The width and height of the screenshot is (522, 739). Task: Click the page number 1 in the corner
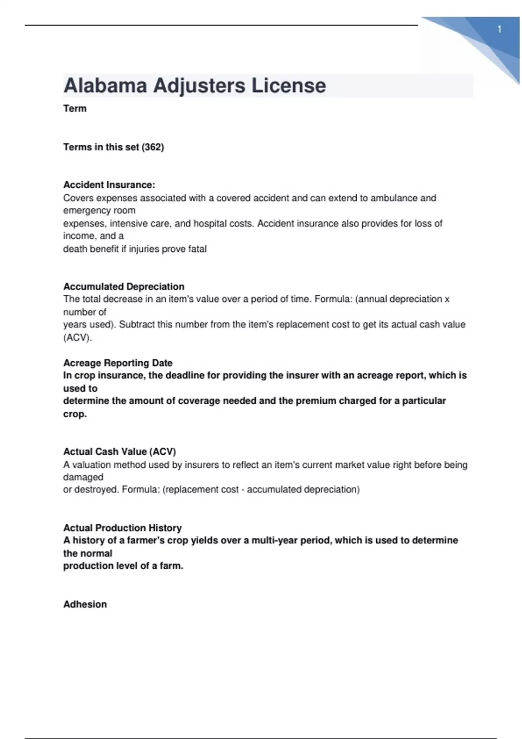coord(499,30)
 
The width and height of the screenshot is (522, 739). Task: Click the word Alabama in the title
coord(105,85)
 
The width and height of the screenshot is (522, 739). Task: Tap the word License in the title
coord(289,85)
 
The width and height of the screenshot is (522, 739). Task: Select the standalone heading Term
coord(75,109)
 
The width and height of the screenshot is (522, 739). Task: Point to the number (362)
coord(153,147)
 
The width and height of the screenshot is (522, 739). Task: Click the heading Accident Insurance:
coord(109,185)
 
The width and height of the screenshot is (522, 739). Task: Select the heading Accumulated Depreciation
coord(124,286)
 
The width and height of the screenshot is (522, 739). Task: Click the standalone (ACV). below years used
coord(78,338)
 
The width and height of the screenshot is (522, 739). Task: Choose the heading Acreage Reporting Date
coord(118,363)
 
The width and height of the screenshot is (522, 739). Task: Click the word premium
coord(314,401)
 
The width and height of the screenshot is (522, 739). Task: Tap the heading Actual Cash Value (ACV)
coord(120,452)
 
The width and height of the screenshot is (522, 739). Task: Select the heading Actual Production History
coord(123,528)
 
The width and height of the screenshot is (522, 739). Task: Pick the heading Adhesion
coord(85,604)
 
